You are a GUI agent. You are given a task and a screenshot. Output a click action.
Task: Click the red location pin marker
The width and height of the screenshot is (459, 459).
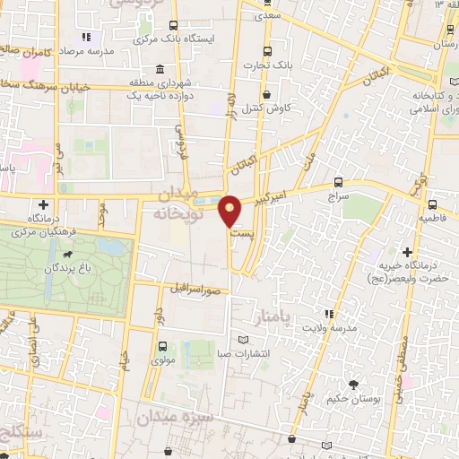pyautogui.click(x=230, y=211)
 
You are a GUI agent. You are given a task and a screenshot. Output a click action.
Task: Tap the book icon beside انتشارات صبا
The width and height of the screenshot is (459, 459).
pyautogui.click(x=247, y=341)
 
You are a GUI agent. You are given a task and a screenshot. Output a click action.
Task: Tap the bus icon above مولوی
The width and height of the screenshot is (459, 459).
pyautogui.click(x=162, y=346)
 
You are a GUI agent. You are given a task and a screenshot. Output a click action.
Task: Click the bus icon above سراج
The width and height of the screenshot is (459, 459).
pyautogui.click(x=337, y=181)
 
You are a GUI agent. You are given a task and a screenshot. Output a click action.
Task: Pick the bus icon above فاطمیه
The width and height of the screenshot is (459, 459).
pyautogui.click(x=433, y=204)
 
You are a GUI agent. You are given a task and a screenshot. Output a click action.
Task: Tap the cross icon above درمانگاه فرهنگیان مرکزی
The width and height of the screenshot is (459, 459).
pyautogui.click(x=43, y=205)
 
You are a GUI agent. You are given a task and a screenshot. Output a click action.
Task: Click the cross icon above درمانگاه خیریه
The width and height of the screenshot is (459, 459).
pyautogui.click(x=408, y=253)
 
